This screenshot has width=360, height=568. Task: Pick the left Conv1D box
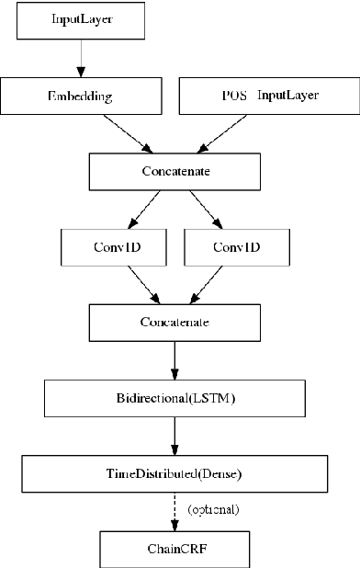[115, 246]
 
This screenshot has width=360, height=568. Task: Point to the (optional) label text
[214, 509]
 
